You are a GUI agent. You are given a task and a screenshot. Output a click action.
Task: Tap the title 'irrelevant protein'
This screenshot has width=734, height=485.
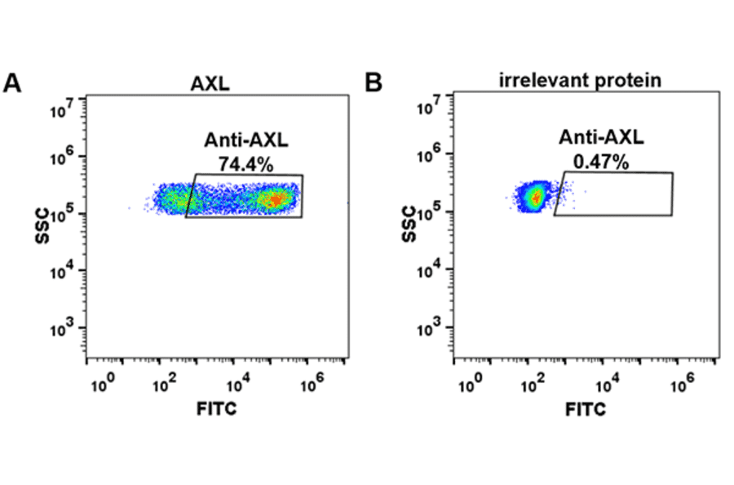pos(580,80)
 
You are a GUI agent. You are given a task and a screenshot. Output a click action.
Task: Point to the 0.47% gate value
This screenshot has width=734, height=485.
pos(601,162)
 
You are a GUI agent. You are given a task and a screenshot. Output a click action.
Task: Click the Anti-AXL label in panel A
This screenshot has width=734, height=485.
pos(245,141)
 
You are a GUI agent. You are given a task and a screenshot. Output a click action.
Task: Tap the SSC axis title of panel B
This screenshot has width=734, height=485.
pos(410,225)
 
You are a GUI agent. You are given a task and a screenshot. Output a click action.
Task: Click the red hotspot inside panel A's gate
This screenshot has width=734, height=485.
pos(276,198)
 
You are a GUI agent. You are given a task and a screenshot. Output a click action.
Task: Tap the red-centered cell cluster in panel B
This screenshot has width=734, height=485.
pos(535,197)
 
